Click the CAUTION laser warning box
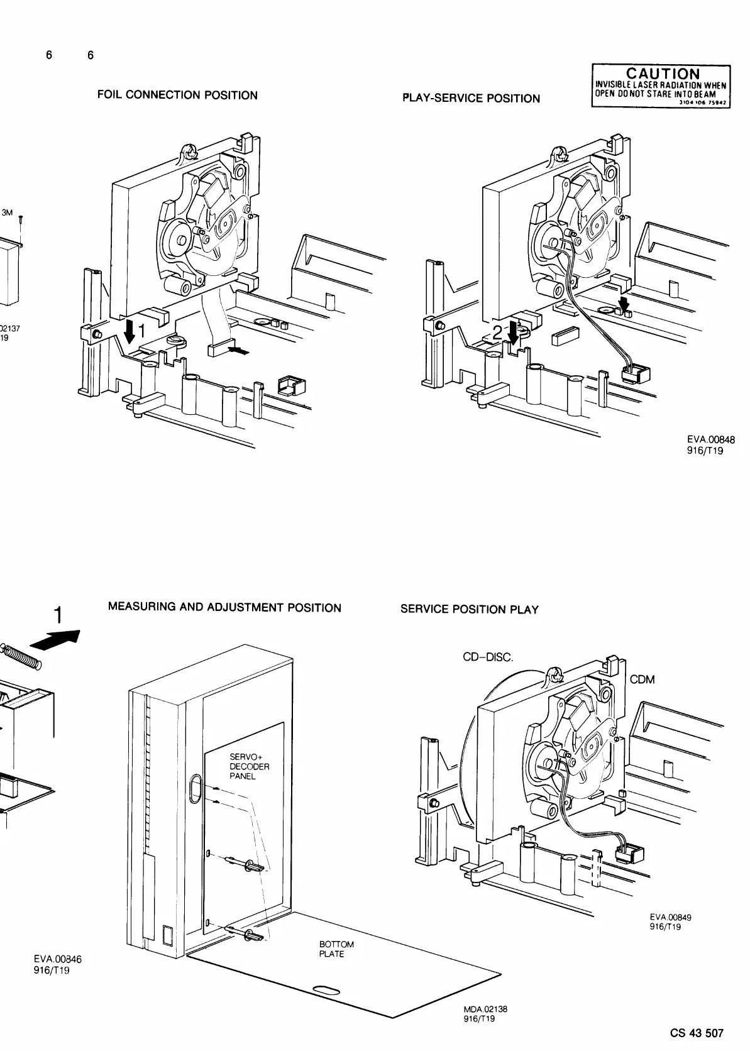pos(661,86)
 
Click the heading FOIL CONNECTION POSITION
pos(177,96)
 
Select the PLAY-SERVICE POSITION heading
pos(470,99)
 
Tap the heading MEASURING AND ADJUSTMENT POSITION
pos(224,608)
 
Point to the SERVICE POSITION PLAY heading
pos(469,610)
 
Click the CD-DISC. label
pos(487,658)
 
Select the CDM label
pos(642,680)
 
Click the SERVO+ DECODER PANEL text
pos(250,767)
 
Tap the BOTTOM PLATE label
pos(336,949)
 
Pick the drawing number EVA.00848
pos(711,441)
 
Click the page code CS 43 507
pos(697,1033)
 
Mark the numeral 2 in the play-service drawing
pos(499,333)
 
